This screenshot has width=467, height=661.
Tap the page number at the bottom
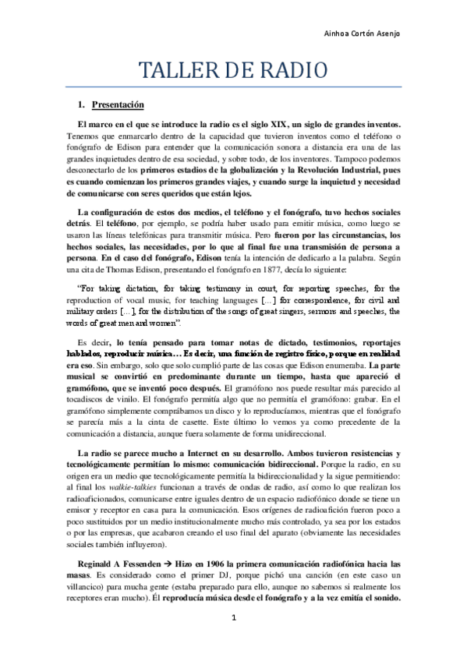233,638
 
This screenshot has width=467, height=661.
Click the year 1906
203,564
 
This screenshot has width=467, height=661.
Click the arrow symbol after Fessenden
168,564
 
